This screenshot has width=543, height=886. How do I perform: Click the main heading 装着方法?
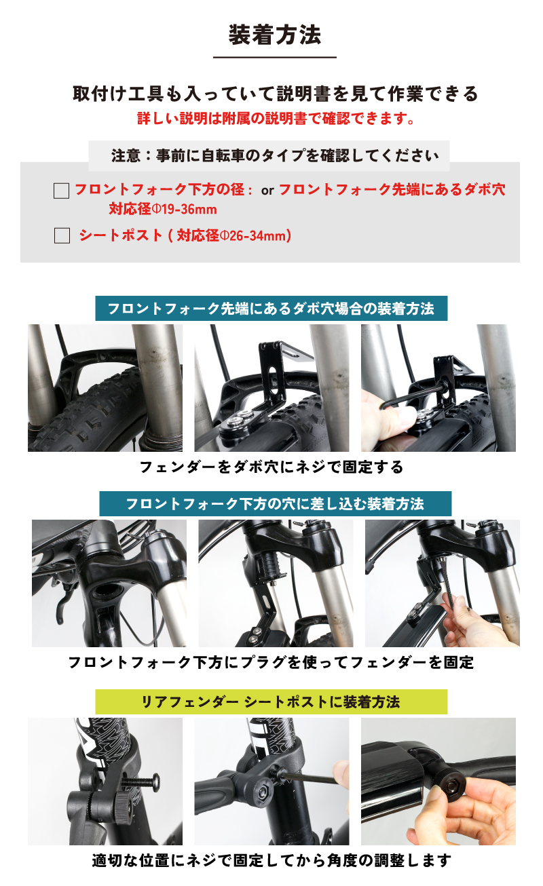point(274,35)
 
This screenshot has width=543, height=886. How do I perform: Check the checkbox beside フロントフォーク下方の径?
point(62,191)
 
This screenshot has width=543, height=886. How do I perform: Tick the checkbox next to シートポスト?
point(62,236)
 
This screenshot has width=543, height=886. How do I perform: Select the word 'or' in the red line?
point(267,191)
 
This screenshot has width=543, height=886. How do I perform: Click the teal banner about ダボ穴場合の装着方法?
point(271,309)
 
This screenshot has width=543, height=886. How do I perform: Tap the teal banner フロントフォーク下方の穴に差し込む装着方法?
point(274,504)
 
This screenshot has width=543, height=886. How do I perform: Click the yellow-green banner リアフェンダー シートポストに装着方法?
point(271,701)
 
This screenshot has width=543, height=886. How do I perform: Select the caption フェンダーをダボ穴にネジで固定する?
point(271,467)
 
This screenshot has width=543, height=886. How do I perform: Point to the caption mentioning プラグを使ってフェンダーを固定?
point(271,662)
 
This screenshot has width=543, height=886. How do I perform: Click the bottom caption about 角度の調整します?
point(271,861)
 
